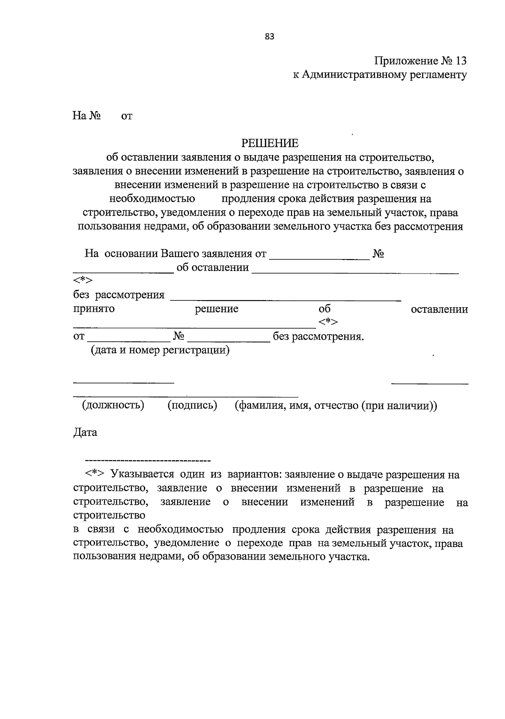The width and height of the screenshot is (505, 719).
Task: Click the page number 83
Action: tap(270, 37)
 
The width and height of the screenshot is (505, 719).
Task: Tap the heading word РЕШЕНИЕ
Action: tap(270, 143)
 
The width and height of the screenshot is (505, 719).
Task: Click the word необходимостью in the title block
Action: tap(152, 199)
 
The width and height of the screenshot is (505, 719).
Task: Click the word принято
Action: tap(94, 309)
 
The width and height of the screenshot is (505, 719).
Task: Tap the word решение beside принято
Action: tap(216, 309)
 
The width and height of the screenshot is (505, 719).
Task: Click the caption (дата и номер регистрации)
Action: tap(160, 350)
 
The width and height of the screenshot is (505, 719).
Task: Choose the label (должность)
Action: tap(113, 405)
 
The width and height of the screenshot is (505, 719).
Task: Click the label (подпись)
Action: tap(192, 405)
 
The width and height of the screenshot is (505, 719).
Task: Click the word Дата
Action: tap(85, 432)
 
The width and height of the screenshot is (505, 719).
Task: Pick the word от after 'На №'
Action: tap(127, 116)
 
